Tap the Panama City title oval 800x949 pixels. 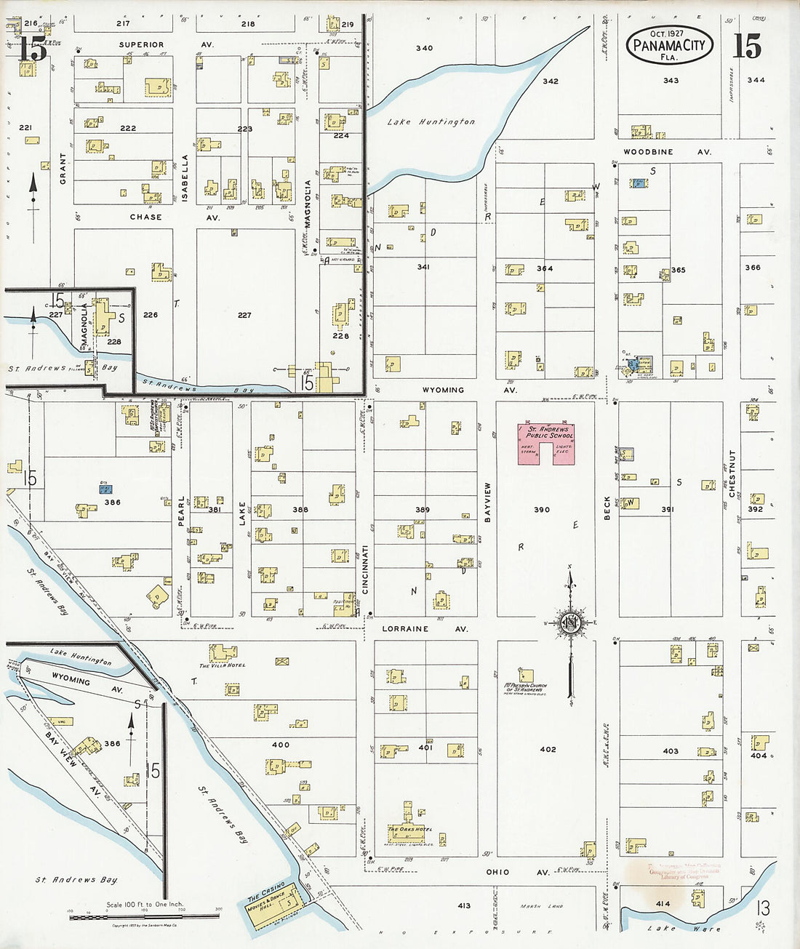[669, 45]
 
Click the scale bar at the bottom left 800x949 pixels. [144, 917]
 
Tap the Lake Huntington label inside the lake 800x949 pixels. [431, 122]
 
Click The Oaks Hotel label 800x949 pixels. [409, 829]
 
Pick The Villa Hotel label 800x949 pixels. [223, 665]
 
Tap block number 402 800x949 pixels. [548, 749]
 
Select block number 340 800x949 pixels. [424, 48]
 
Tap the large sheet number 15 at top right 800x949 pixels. [746, 47]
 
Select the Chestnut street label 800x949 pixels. [732, 474]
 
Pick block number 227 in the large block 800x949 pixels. [244, 315]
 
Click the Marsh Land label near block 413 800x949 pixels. [541, 906]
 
